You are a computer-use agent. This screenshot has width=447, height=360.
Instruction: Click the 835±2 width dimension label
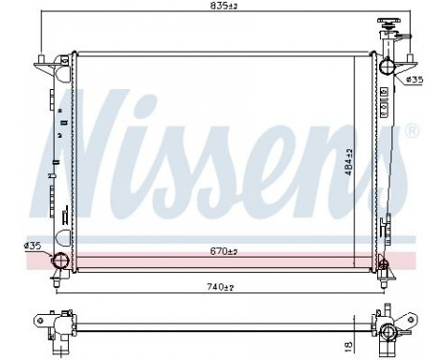click(225, 8)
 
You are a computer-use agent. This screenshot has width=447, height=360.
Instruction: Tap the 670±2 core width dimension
click(224, 252)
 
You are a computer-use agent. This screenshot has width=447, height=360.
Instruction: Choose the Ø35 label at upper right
click(414, 79)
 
